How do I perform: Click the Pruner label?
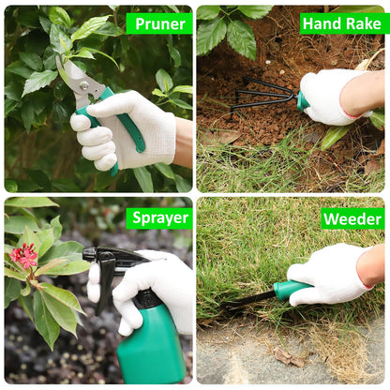(160, 24)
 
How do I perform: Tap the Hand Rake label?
(342, 23)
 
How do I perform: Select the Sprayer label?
(160, 218)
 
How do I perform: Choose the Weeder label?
(352, 218)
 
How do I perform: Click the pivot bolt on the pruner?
(83, 85)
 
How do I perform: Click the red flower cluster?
(24, 255)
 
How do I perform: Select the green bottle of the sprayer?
(152, 345)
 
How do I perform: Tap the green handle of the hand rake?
(302, 100)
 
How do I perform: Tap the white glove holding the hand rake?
(331, 97)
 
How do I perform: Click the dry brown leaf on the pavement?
(289, 357)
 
